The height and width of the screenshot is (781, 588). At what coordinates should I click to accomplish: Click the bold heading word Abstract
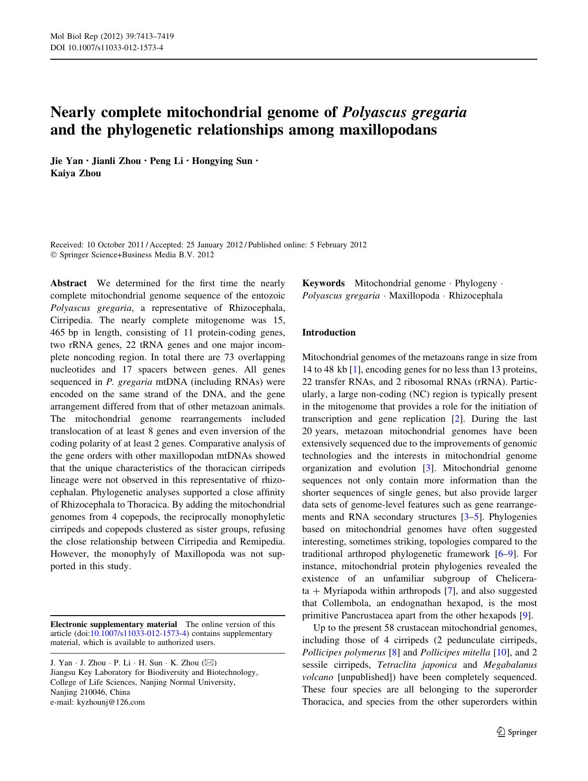tap(68, 283)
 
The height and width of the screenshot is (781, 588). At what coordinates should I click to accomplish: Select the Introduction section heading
tap(328, 333)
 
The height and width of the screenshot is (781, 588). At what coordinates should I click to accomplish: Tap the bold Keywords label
tap(323, 283)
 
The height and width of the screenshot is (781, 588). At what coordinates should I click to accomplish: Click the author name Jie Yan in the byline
tap(67, 161)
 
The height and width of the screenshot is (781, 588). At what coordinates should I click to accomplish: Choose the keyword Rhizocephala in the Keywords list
tap(476, 296)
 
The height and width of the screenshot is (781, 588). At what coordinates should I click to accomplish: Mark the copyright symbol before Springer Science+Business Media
tap(53, 255)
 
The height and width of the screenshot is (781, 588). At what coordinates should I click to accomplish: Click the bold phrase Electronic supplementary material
tap(114, 625)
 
